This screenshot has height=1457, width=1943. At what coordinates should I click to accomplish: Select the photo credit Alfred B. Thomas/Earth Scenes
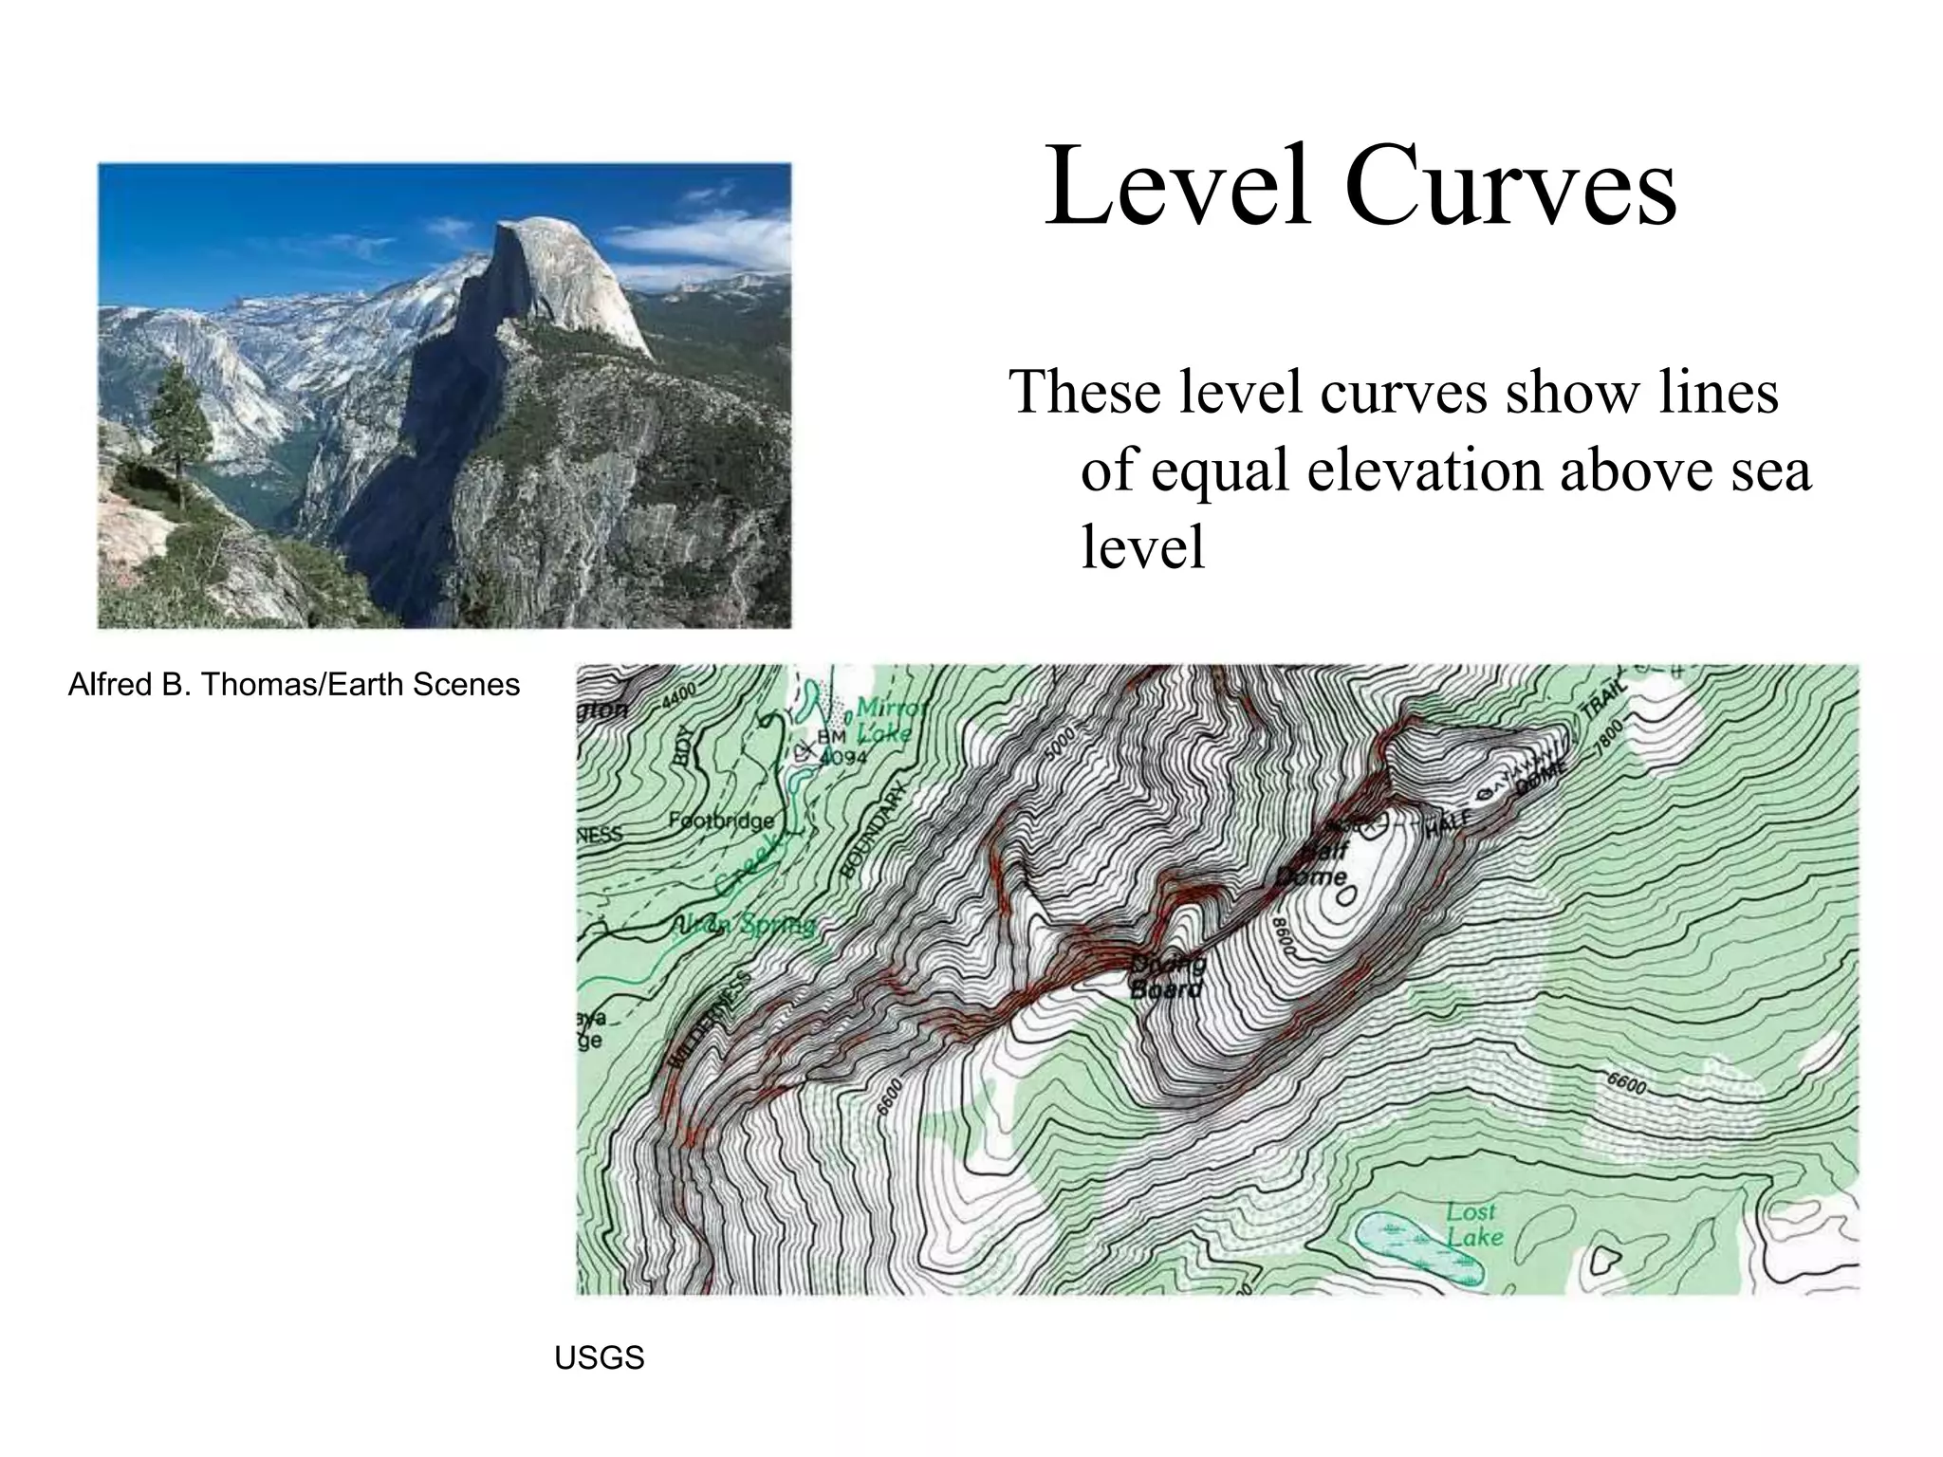[x=294, y=685]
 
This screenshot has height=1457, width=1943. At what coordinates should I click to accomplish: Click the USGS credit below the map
[x=599, y=1358]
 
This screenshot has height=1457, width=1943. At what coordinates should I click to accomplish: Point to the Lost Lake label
[x=1473, y=1225]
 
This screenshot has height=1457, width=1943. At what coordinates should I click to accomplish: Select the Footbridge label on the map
[x=721, y=821]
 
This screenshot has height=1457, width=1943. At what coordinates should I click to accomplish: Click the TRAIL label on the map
[x=1602, y=702]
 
